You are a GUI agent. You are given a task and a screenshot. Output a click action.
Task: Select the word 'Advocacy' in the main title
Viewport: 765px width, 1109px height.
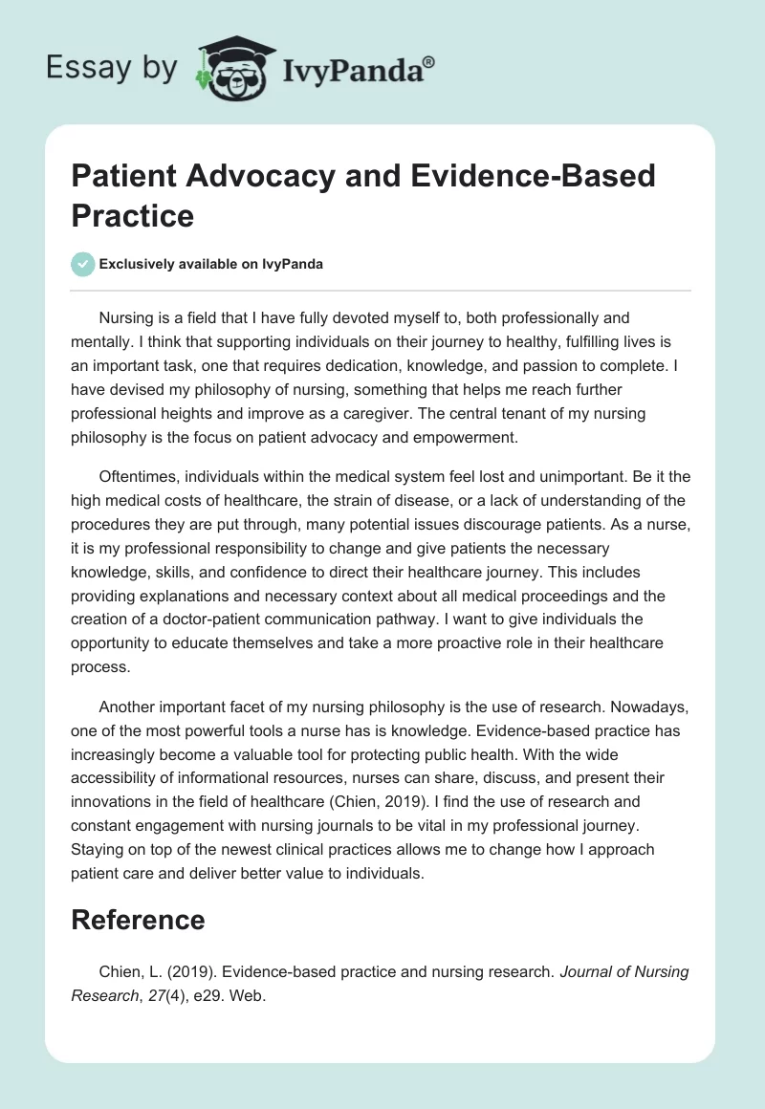[249, 176]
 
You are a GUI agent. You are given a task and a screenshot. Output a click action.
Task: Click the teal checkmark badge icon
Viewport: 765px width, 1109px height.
[84, 264]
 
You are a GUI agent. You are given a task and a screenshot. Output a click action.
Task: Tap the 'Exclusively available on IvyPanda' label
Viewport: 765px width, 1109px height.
[212, 264]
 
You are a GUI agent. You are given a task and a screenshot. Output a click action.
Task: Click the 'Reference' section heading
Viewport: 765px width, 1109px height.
[138, 920]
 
